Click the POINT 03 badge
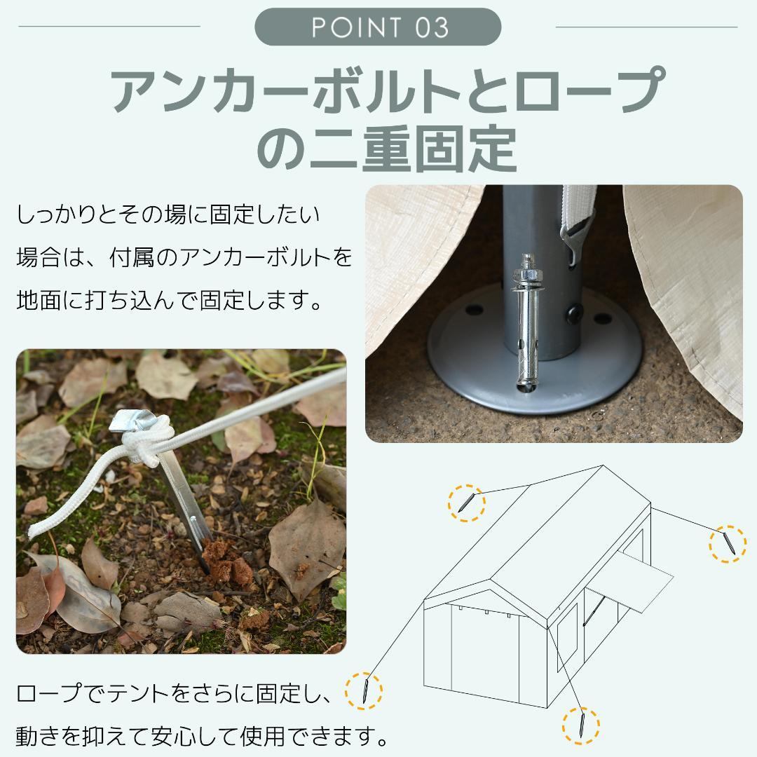378,27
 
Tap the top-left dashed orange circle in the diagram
466,503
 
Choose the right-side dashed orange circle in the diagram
727,543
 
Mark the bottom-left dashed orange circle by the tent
364,690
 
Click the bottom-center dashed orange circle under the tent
580,725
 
